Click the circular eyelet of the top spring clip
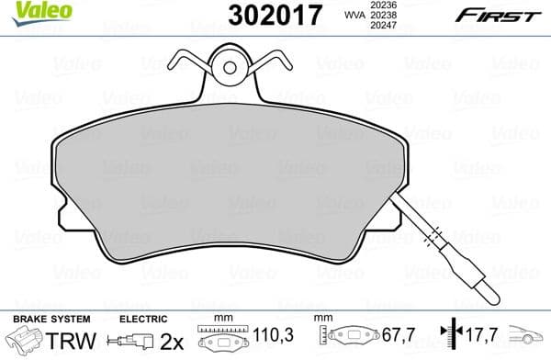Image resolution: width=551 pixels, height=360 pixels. tap(228, 65)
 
